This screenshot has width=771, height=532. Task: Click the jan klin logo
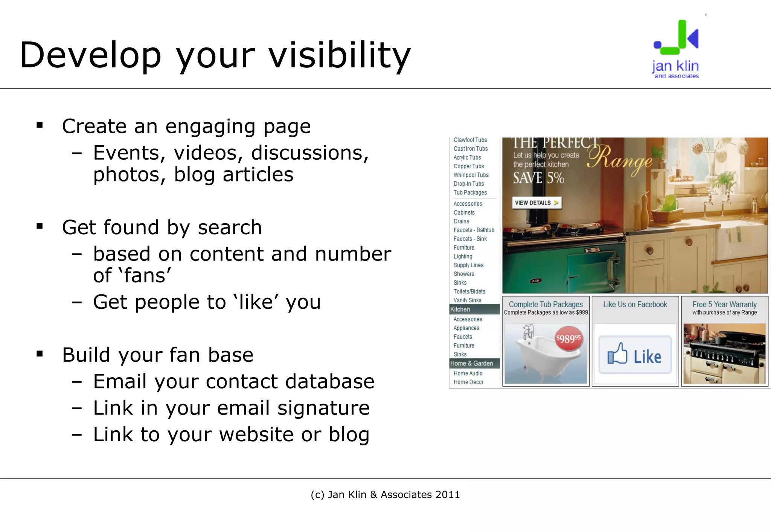(676, 49)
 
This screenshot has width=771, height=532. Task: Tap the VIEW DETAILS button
(536, 203)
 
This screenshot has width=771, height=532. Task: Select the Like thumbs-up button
(635, 355)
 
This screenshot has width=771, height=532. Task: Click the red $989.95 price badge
(568, 339)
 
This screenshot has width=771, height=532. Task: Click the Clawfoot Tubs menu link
(470, 140)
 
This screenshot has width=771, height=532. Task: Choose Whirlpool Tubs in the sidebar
(471, 175)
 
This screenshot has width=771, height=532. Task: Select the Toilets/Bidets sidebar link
(469, 291)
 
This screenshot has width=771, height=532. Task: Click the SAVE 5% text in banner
(538, 178)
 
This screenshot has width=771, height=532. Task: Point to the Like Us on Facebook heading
(635, 305)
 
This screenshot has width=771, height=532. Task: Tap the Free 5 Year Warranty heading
(724, 305)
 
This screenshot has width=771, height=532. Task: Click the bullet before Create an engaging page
(40, 125)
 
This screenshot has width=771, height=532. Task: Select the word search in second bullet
(230, 228)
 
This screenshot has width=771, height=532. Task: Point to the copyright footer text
(385, 495)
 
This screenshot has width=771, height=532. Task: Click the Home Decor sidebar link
(468, 382)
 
